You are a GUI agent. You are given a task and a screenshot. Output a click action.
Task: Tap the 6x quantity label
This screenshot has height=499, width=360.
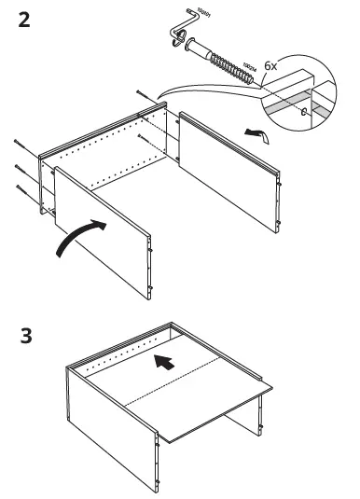pos(271,67)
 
